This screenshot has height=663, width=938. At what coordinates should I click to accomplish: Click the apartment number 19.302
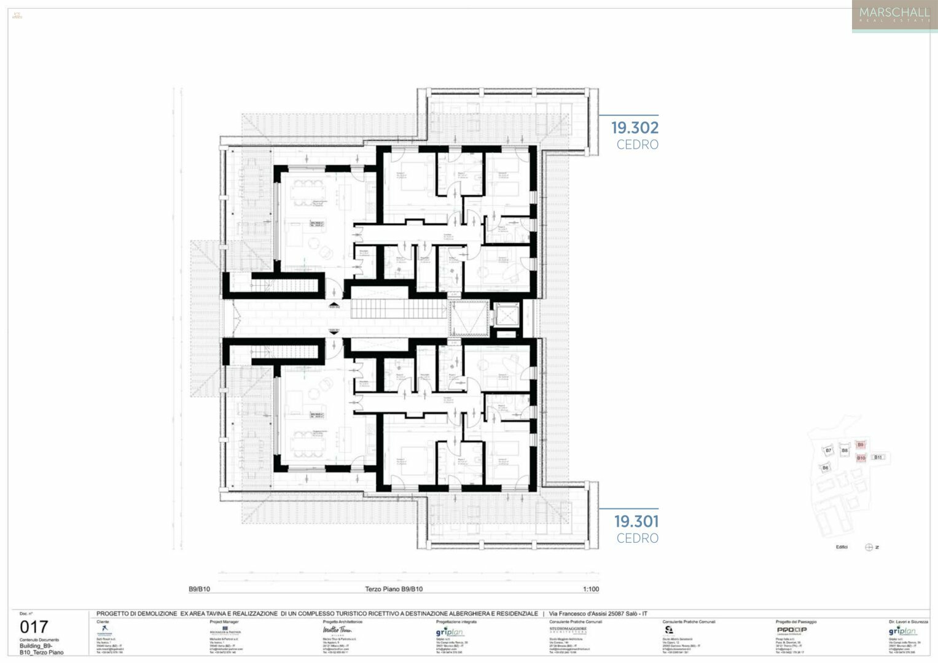click(635, 128)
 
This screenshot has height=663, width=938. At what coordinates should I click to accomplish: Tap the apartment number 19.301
click(636, 521)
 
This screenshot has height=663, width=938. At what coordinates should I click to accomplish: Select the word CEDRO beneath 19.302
click(638, 145)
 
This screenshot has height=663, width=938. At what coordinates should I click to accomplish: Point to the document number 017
click(34, 627)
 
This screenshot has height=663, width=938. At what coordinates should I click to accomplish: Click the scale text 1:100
click(590, 589)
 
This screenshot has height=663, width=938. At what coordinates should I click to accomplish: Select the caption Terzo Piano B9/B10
click(394, 589)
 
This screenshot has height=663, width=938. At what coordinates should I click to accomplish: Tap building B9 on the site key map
click(861, 445)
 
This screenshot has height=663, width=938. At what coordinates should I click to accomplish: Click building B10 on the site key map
click(861, 458)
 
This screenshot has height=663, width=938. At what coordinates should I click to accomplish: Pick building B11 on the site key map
click(878, 457)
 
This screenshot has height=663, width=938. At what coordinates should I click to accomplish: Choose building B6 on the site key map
click(825, 468)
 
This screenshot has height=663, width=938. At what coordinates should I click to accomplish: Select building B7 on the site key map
click(828, 451)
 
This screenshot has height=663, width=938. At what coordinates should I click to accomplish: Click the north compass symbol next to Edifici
click(869, 547)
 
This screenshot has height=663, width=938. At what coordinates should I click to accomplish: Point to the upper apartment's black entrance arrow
click(334, 304)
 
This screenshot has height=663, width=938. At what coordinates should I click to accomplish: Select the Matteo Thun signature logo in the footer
click(337, 630)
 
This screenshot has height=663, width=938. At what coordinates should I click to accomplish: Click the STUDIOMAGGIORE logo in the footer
click(568, 630)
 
